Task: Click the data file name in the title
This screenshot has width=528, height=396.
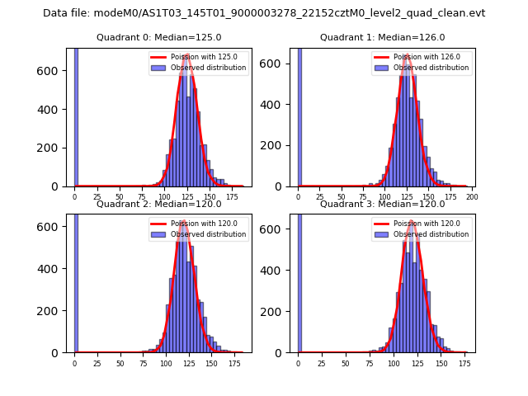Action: coord(264,13)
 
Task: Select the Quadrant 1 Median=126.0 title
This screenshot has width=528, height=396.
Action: coord(382,37)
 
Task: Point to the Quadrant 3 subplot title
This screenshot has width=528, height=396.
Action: coord(382,204)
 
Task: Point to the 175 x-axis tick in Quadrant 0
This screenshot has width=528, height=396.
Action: coord(232,198)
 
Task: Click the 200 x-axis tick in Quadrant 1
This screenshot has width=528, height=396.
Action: coord(473,198)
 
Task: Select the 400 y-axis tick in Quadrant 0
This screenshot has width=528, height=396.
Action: coord(53,110)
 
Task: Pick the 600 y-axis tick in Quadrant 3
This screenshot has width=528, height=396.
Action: coord(276,227)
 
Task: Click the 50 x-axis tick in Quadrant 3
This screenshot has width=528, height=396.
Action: coord(345,363)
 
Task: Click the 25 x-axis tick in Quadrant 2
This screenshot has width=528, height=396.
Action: coord(97,363)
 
